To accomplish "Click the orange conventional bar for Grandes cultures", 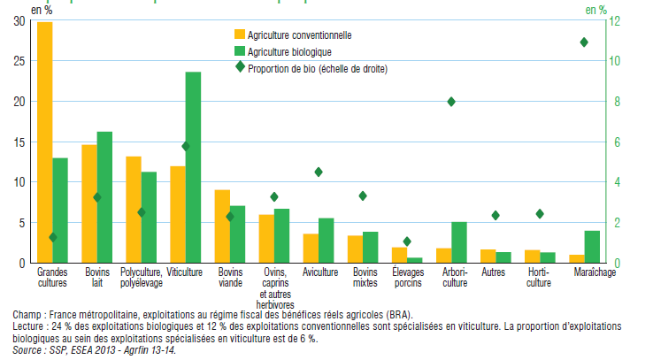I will click(44, 142).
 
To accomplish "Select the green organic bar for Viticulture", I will click(192, 167).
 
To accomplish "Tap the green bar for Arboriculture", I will click(458, 241).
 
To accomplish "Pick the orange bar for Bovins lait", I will click(88, 203).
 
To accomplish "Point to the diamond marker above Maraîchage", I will click(584, 42).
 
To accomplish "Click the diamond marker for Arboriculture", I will click(451, 102).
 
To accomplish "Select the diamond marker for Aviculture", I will click(319, 172).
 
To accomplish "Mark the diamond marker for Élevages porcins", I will click(407, 241).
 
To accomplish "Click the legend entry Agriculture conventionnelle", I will click(300, 35).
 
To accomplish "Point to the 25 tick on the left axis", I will click(19, 61).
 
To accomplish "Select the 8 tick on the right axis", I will click(618, 102).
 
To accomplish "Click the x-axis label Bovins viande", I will click(230, 277).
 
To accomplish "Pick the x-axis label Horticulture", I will click(539, 277).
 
